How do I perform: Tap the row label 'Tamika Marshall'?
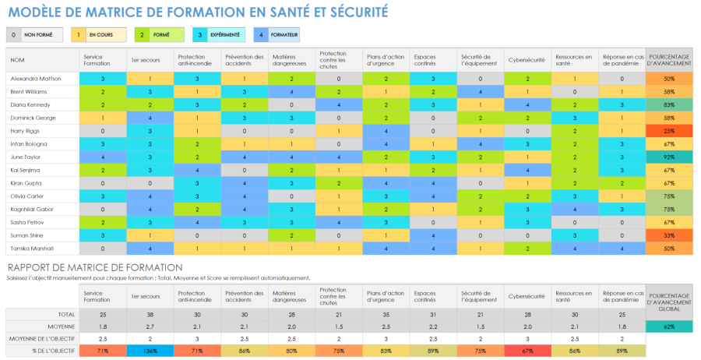pos(32,248)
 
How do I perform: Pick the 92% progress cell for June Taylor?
pos(669,156)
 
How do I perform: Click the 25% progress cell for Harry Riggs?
pos(669,130)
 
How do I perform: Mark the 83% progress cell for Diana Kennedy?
pos(669,104)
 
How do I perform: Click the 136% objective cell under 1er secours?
pos(150,351)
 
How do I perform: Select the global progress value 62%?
pos(669,326)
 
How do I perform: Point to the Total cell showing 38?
pos(150,313)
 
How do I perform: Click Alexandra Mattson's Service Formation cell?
pos(103,79)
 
